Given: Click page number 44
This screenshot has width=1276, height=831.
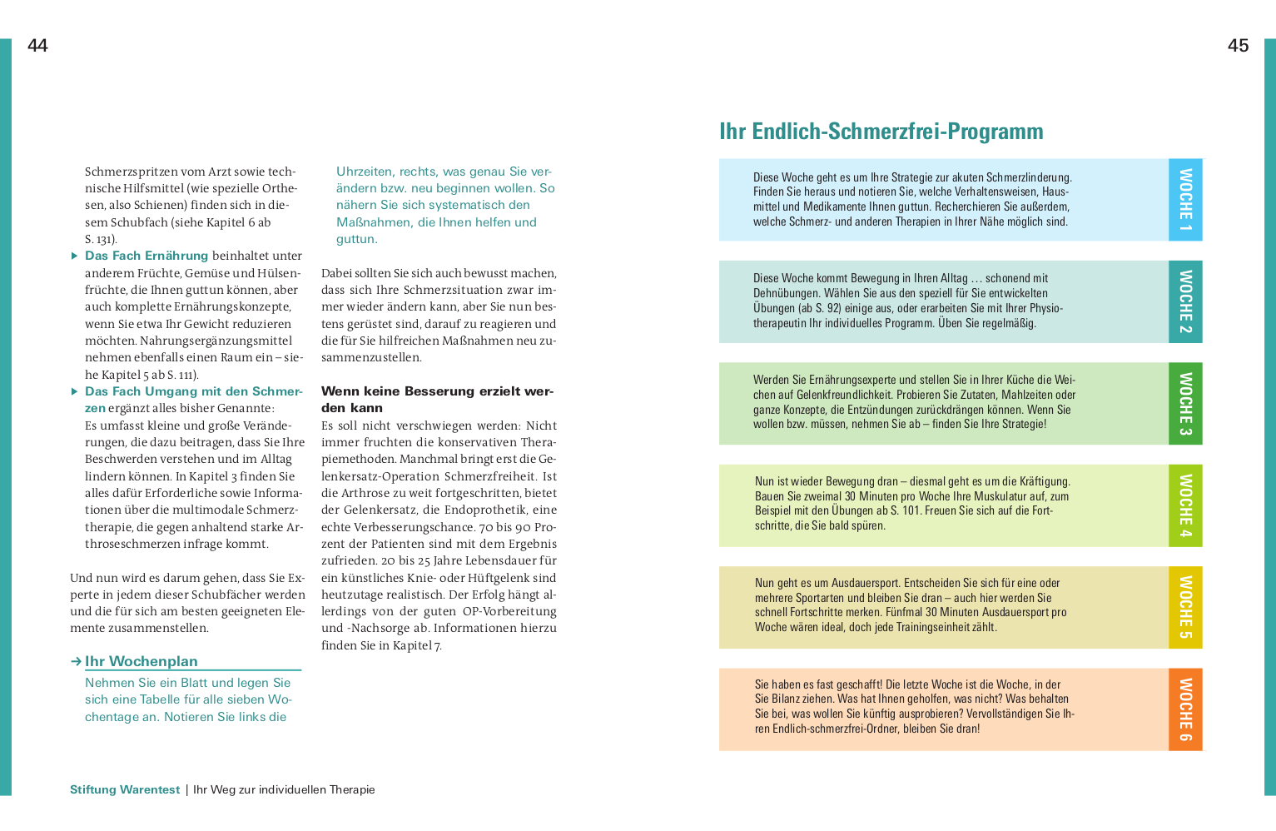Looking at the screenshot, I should (37, 46).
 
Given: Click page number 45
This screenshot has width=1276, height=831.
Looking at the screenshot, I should (1238, 46).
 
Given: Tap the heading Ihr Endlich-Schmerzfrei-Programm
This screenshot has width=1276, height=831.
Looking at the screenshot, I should (881, 132).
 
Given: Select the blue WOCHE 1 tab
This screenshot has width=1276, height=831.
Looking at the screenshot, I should (1185, 200).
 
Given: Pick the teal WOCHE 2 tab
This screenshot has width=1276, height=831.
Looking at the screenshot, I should (1185, 301).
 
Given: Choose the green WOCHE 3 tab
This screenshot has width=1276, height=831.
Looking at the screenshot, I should (1185, 404).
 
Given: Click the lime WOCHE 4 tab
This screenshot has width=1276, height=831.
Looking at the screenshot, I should (1185, 505).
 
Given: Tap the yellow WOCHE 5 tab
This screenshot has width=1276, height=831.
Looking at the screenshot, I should (1185, 607).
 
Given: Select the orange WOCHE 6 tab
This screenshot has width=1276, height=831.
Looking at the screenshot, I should (1185, 709).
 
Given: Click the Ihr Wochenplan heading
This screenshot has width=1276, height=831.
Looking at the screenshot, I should (142, 661).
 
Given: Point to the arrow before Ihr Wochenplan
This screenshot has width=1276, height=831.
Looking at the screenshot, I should (76, 661).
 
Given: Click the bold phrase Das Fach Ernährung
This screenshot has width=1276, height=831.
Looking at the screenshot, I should (146, 256).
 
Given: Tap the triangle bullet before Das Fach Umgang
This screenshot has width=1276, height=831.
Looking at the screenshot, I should (75, 391).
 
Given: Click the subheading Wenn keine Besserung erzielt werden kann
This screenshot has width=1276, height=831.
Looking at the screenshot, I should (437, 400).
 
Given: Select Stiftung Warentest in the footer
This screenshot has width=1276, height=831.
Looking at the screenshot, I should (125, 789).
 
